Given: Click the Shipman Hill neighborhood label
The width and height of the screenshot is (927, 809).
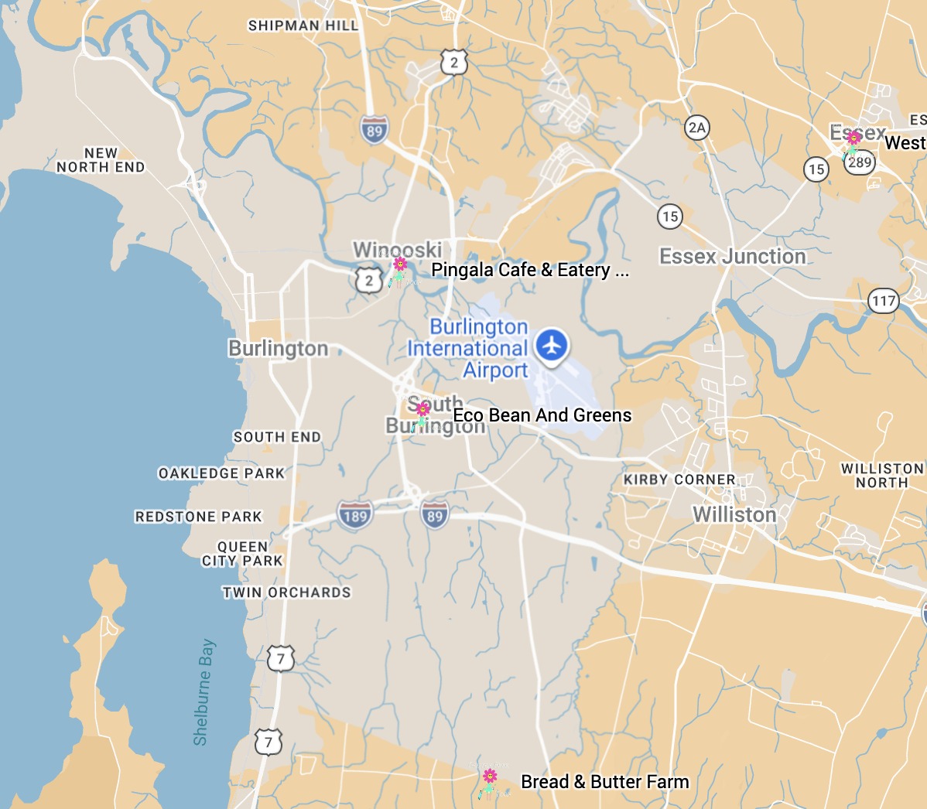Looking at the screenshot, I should (303, 26).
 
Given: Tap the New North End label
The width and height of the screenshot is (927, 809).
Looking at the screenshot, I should (101, 160).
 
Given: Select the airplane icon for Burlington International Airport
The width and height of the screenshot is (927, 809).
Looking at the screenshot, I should (551, 345).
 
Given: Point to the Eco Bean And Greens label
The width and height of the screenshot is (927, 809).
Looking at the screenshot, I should (542, 415).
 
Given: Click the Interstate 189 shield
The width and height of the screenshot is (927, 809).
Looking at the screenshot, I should (355, 515).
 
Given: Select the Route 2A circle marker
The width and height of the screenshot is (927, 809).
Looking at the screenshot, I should (697, 128).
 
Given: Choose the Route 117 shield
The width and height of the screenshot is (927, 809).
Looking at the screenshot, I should (884, 301).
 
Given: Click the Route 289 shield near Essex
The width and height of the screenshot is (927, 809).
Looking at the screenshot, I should (860, 162).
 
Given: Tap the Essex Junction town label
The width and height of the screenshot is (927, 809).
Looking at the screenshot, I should (732, 257).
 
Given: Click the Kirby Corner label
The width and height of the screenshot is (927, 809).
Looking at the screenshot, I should (679, 480).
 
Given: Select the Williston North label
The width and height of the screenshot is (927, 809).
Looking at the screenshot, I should (882, 476).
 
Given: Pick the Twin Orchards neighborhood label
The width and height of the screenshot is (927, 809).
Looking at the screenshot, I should (287, 592).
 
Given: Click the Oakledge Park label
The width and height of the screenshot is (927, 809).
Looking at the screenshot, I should (221, 473).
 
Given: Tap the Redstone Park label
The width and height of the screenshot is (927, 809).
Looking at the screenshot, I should (199, 517).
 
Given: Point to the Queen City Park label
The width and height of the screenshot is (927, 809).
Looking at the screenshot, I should (242, 554).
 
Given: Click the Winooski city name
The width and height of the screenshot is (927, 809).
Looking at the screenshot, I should (398, 250).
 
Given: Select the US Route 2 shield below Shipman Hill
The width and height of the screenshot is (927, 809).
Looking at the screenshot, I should (454, 63).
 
